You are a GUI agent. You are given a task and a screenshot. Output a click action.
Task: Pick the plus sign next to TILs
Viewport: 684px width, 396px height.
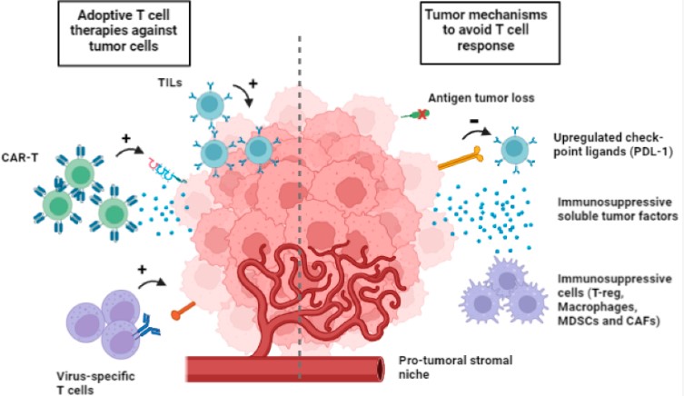coord(252,83)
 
